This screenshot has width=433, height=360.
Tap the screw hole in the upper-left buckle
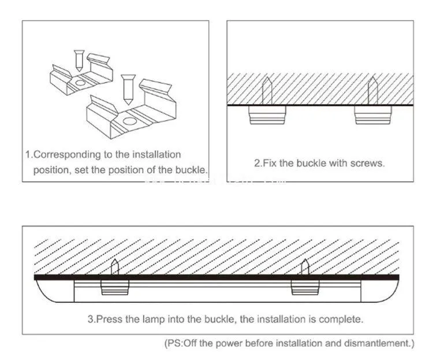click(x=79, y=83)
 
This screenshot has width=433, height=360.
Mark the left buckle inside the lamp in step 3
click(x=115, y=287)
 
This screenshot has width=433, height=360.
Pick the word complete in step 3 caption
click(x=344, y=319)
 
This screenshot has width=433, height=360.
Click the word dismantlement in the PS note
click(x=382, y=343)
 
